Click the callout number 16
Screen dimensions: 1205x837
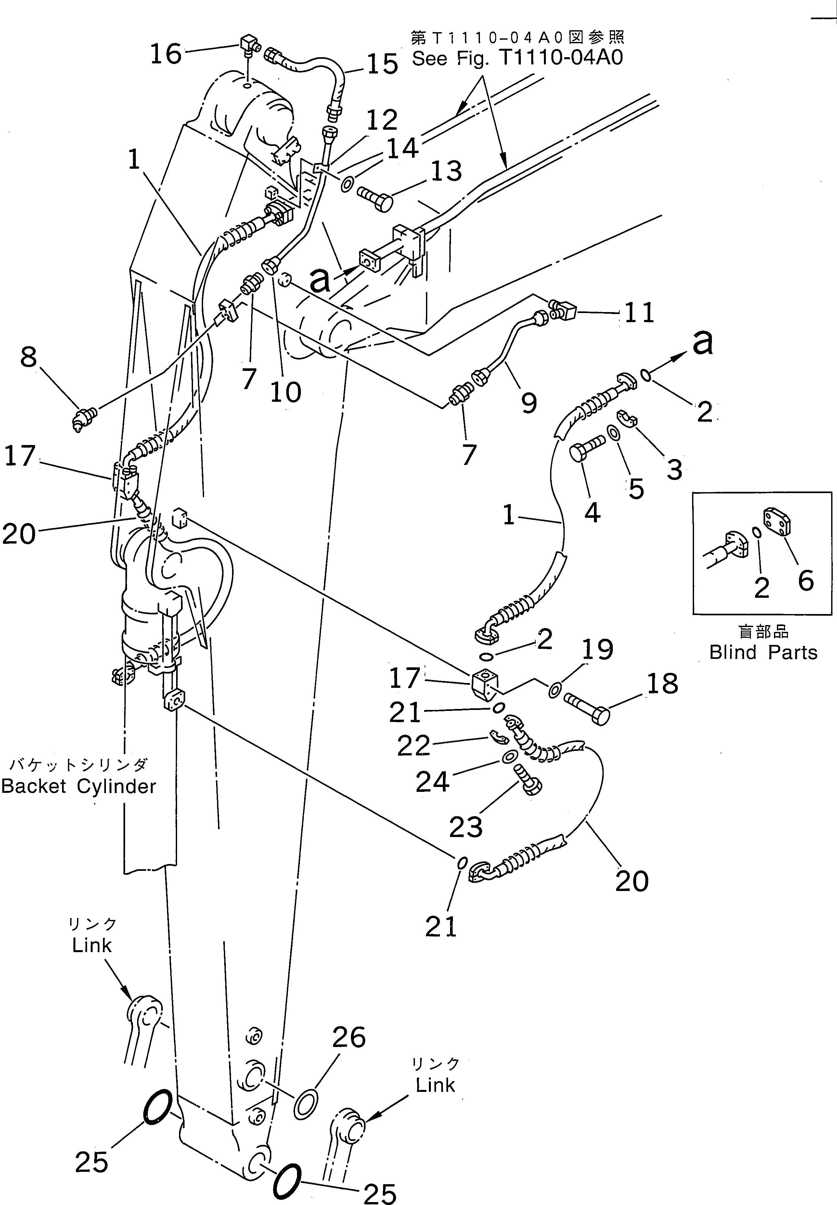pyautogui.click(x=166, y=54)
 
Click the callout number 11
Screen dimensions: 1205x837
pyautogui.click(x=639, y=313)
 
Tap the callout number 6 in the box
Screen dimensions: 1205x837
pyautogui.click(x=805, y=581)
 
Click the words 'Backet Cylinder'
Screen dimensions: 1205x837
pyautogui.click(x=79, y=786)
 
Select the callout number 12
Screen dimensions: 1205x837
pyautogui.click(x=382, y=120)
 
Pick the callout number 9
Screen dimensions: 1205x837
pyautogui.click(x=529, y=402)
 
